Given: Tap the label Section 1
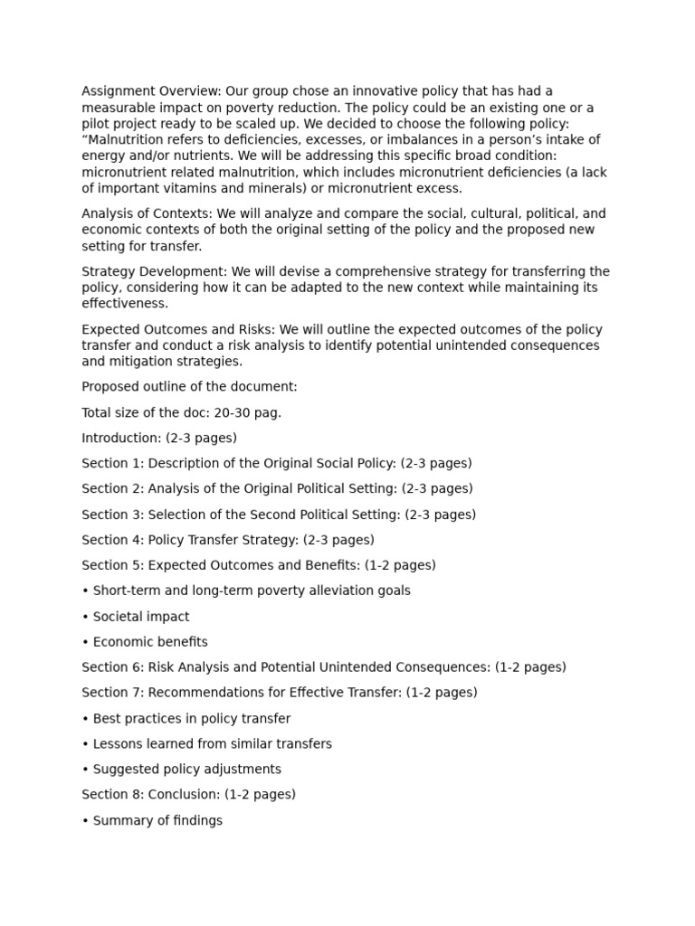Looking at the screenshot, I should (111, 463).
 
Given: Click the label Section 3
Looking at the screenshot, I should (111, 515).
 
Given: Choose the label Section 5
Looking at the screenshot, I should (111, 565).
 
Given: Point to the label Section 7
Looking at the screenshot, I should (111, 693).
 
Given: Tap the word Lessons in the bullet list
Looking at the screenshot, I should (119, 744).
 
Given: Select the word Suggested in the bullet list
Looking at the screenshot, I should (126, 770).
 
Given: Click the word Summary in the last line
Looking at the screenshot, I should (121, 821).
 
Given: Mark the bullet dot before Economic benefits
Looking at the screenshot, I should (85, 642).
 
